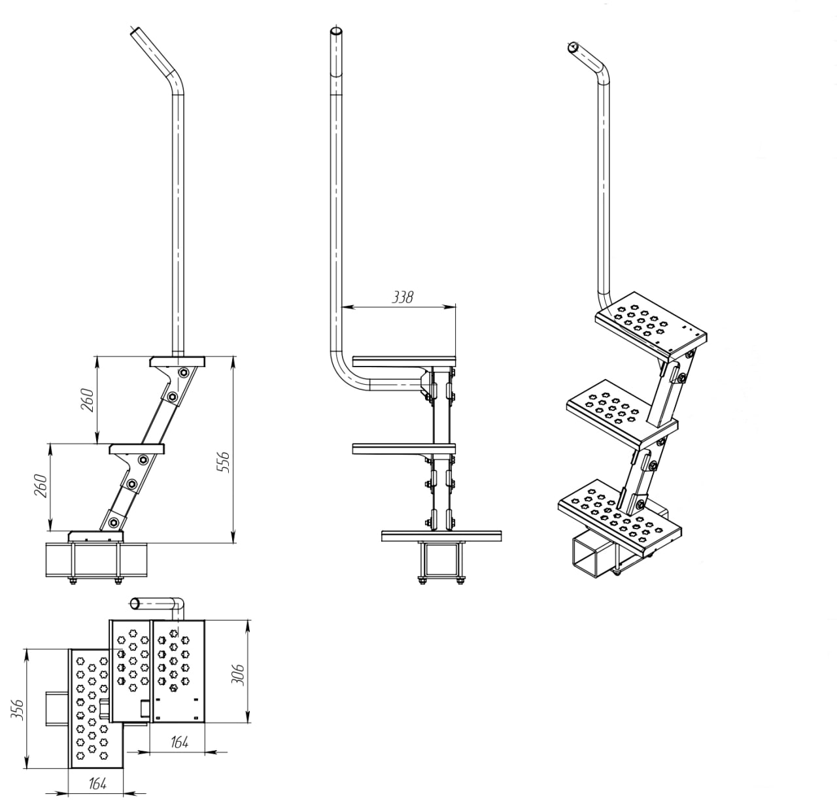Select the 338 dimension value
(x=403, y=297)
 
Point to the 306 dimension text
(x=238, y=675)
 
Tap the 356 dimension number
(x=18, y=711)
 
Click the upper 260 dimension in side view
(x=88, y=400)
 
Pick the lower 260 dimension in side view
(x=41, y=485)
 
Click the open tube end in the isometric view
(x=573, y=47)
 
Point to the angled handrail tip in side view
(x=135, y=33)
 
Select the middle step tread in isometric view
(x=623, y=410)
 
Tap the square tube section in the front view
(x=442, y=559)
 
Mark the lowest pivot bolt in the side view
(x=114, y=522)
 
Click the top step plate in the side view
(x=177, y=361)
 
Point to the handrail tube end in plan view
(x=135, y=604)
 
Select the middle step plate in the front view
(x=404, y=449)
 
